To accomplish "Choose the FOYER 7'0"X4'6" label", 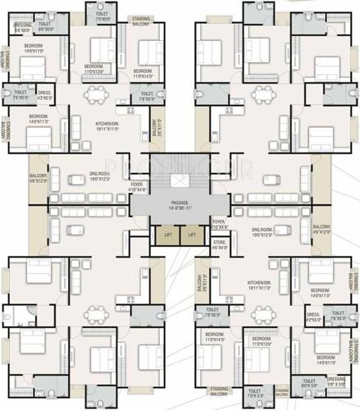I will coord(219,224).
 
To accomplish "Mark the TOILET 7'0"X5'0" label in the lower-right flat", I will coord(256,394).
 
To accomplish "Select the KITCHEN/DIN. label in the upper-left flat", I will coord(108,126).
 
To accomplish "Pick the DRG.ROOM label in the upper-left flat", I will coord(98,177).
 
